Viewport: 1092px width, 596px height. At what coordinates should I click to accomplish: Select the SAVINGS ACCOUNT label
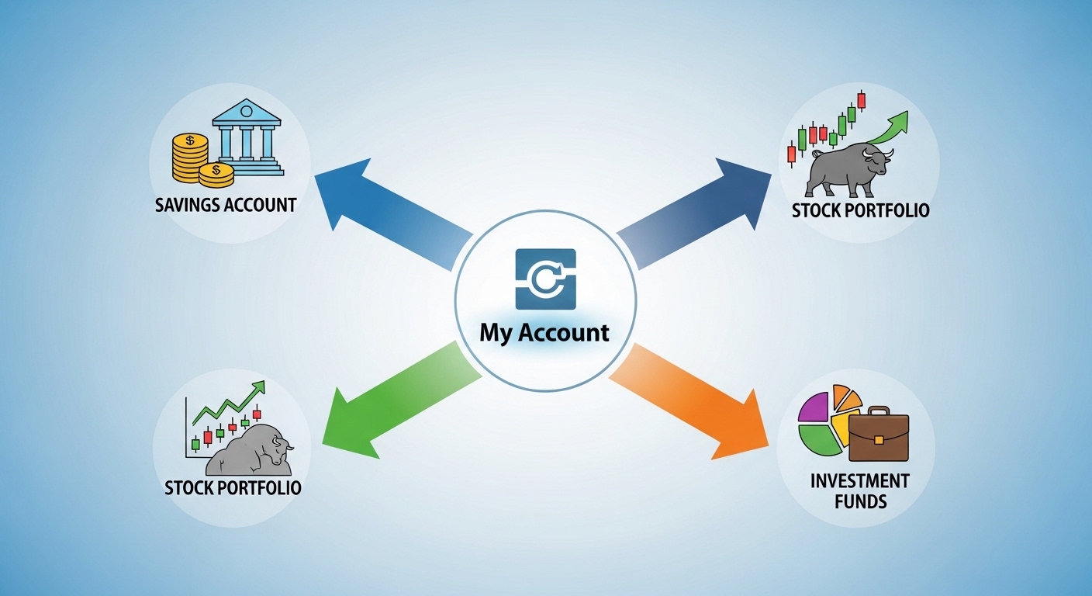click(226, 205)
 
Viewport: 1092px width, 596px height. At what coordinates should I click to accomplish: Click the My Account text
click(544, 333)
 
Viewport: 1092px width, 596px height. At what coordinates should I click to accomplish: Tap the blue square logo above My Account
click(545, 279)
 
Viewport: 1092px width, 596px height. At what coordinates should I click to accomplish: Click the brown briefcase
click(878, 436)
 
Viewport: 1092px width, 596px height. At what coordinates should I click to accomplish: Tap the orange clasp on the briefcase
click(878, 439)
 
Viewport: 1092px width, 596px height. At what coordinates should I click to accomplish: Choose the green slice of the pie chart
click(818, 441)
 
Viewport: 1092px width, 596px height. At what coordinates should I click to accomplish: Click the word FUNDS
click(859, 501)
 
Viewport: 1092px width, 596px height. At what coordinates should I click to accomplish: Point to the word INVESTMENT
click(859, 480)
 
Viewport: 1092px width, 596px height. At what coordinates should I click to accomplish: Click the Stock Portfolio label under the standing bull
click(860, 210)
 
